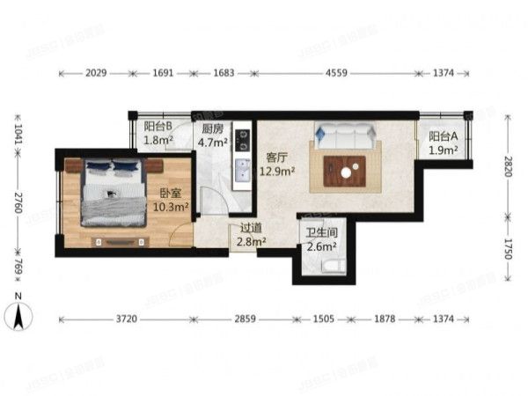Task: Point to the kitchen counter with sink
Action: click(x=239, y=160)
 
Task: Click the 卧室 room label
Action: click(x=171, y=194)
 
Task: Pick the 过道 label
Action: click(x=249, y=228)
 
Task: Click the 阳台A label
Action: click(x=443, y=136)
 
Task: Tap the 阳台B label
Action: click(x=158, y=125)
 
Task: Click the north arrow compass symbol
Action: click(x=19, y=313)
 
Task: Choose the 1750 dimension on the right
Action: click(x=508, y=249)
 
